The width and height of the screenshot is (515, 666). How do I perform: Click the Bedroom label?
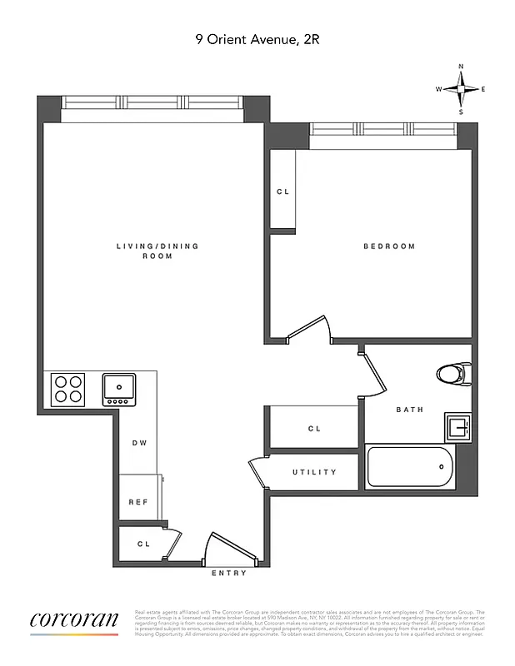tap(388, 246)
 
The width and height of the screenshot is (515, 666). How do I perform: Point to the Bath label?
tap(409, 410)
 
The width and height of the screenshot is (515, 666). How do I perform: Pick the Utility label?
tap(314, 472)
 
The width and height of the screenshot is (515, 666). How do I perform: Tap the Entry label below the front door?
tap(227, 574)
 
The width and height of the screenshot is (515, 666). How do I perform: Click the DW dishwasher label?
tap(139, 443)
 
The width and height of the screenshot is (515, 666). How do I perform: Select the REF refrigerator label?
tap(137, 502)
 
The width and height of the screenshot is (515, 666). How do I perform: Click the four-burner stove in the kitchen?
tap(68, 389)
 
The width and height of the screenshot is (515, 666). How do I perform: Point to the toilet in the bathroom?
tap(454, 374)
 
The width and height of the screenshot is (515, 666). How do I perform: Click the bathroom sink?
tap(457, 428)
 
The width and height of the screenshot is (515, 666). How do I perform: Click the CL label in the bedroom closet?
tap(282, 192)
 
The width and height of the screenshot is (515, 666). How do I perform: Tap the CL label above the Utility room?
tap(314, 429)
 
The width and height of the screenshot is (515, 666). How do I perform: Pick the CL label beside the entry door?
tap(142, 544)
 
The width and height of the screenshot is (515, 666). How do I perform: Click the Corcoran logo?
tap(74, 621)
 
